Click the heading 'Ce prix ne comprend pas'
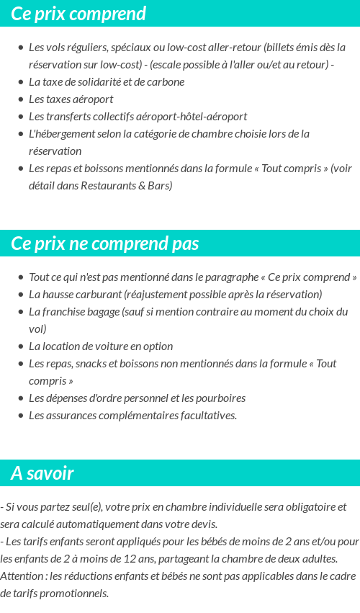point(105,243)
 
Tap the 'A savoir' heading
point(42,473)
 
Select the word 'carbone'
point(167,82)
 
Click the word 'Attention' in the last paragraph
point(22,576)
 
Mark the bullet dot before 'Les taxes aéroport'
point(21,99)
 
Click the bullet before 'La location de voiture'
point(21,346)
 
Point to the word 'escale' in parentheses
point(165,65)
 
